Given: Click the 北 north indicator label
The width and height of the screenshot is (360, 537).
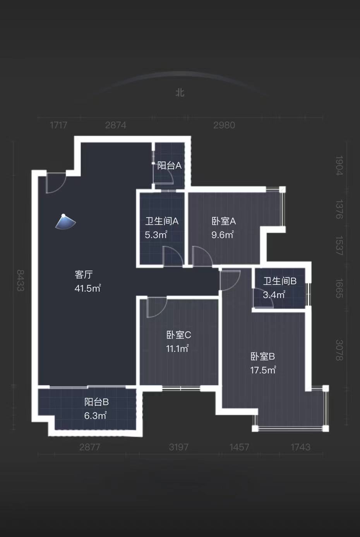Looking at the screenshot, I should (180, 93).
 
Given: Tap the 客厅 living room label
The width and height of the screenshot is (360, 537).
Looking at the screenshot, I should (84, 275).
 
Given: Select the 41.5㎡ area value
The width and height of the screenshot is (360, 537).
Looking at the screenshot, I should (87, 288).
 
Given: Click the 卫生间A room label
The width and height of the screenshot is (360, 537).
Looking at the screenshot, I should (162, 221).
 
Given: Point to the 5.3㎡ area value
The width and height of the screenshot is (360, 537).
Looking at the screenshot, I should (156, 235).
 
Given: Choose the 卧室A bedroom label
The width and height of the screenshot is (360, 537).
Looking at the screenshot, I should (224, 221).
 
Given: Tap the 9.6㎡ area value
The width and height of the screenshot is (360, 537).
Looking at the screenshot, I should (223, 235).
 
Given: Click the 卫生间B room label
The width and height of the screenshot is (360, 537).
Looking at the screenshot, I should (280, 281).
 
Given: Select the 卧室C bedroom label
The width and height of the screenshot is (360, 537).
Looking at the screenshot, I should (178, 335).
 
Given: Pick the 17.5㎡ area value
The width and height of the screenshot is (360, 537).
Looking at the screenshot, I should (263, 370).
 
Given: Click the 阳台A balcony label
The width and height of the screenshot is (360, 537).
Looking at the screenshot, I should (170, 166).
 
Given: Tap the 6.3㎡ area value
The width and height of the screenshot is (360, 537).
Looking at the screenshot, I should (95, 416).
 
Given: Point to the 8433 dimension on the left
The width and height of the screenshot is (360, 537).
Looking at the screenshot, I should (20, 280).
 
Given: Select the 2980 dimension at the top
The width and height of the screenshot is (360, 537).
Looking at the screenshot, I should (224, 125).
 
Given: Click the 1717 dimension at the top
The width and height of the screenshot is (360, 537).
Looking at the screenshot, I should (58, 125).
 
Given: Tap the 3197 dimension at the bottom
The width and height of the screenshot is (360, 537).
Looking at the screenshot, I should (179, 447).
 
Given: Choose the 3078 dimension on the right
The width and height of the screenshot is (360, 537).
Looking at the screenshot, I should (339, 350).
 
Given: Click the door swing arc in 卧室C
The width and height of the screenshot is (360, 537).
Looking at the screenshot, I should (156, 307).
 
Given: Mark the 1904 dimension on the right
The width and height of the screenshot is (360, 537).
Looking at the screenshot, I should (339, 166).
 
